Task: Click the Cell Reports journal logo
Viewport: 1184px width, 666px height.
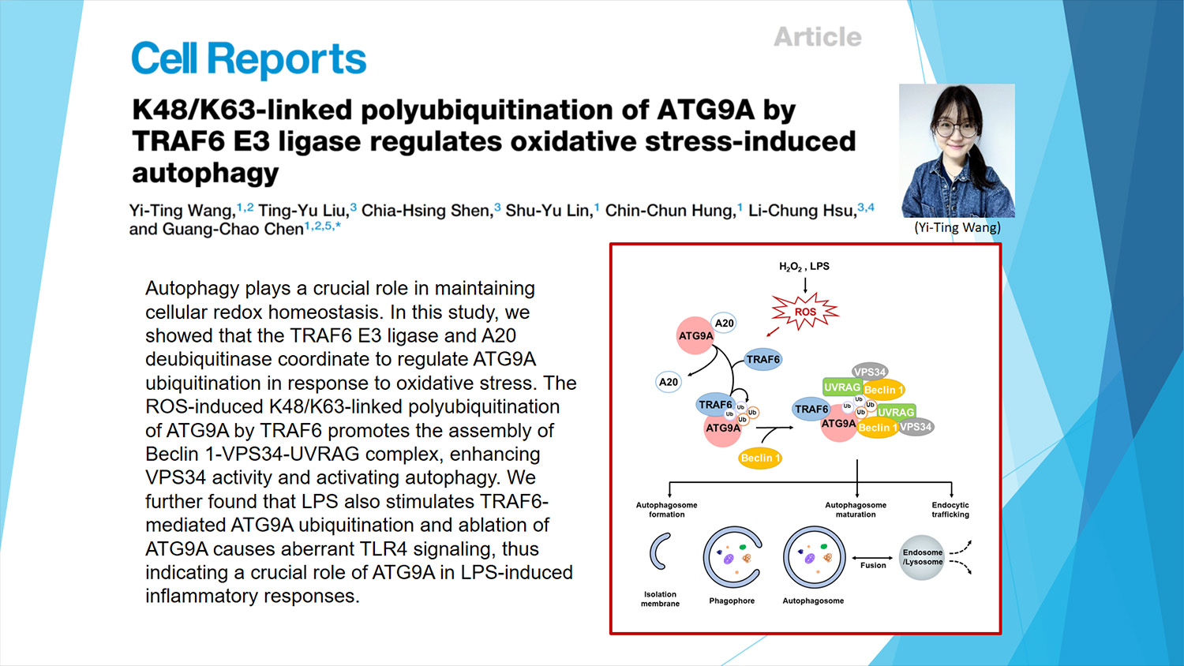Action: (249, 59)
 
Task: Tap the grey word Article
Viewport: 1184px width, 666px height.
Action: (818, 37)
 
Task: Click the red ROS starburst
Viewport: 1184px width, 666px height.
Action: (805, 312)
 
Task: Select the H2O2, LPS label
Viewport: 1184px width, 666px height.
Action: (804, 267)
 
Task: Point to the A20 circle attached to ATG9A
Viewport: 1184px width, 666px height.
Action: (724, 323)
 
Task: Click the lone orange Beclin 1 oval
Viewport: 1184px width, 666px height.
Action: (760, 458)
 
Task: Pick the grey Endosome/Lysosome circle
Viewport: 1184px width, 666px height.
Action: (923, 557)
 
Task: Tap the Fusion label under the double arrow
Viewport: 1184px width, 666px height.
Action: (873, 565)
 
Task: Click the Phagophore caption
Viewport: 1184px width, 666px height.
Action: (732, 601)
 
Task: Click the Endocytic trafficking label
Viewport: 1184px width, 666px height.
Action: (950, 510)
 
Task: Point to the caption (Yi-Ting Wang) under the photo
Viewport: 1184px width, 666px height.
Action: (957, 227)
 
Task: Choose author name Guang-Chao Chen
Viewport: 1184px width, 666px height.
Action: (233, 229)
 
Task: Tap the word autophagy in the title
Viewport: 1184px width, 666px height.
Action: (205, 174)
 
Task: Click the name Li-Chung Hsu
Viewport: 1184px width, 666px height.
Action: (803, 211)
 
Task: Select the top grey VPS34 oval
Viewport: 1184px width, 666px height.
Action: (870, 372)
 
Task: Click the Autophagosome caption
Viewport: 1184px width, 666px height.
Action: (813, 601)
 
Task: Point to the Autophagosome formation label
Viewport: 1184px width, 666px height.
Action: (666, 510)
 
